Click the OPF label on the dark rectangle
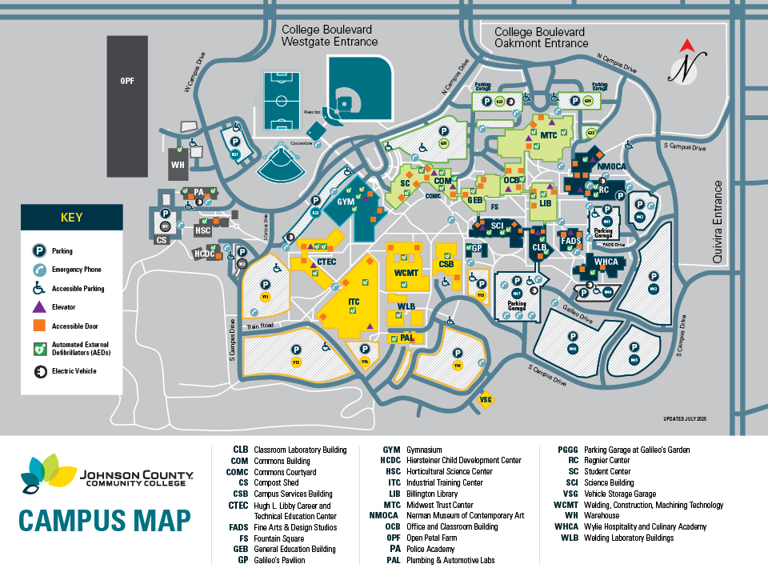pos(127,81)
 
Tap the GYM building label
pos(346,202)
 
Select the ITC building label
pos(354,302)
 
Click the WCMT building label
pos(406,273)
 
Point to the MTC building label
pos(548,135)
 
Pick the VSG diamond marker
pos(485,399)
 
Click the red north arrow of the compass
pos(686,46)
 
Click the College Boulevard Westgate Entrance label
pos(329,35)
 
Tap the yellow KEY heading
pos(71,217)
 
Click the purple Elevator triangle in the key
pos(38,307)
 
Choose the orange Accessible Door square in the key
pos(38,326)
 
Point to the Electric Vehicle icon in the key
pos(38,370)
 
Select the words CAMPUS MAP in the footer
pos(104,520)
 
